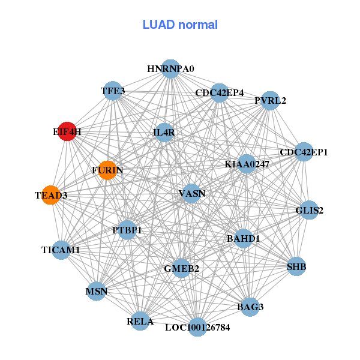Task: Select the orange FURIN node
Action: pyautogui.click(x=107, y=170)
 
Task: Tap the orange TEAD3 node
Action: pyautogui.click(x=51, y=195)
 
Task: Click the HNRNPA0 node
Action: pyautogui.click(x=170, y=69)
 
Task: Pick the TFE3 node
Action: pyautogui.click(x=113, y=91)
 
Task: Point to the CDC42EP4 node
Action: pyautogui.click(x=220, y=93)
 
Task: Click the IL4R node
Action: pyautogui.click(x=164, y=133)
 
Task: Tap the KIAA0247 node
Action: pyautogui.click(x=247, y=164)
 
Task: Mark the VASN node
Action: pyautogui.click(x=191, y=193)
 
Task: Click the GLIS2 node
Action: pyautogui.click(x=309, y=210)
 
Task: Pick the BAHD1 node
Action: pyautogui.click(x=243, y=238)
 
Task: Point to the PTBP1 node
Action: pyautogui.click(x=127, y=230)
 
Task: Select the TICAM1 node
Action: pyautogui.click(x=61, y=250)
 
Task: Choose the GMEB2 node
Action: pyautogui.click(x=181, y=268)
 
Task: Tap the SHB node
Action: pyautogui.click(x=296, y=266)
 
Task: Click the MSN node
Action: pyautogui.click(x=97, y=292)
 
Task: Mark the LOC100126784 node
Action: pyautogui.click(x=197, y=328)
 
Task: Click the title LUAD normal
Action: pyautogui.click(x=180, y=25)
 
